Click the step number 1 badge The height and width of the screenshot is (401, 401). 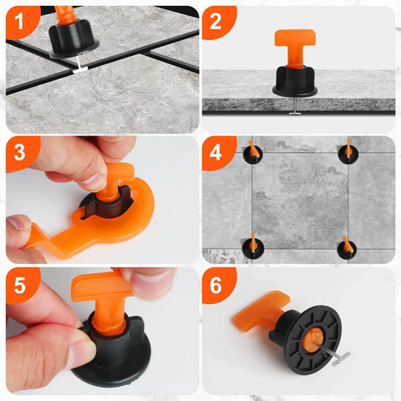tap(19, 19)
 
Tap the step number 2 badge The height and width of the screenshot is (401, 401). tap(216, 21)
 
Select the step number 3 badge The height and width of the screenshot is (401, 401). tap(19, 152)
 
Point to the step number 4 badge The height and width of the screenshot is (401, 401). tap(216, 152)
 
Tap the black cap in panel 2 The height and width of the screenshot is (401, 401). tap(295, 81)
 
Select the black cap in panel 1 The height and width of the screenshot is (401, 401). tap(74, 35)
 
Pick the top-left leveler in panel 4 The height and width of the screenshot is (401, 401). tap(251, 152)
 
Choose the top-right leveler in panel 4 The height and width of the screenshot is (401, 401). tap(346, 152)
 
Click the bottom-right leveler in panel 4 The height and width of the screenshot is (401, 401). tap(346, 247)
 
